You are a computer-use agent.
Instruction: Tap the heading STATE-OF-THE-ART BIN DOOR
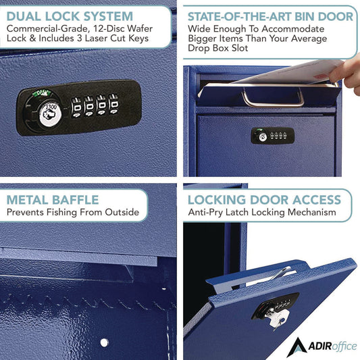coord(270,15)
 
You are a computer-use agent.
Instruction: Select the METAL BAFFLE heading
coord(53,199)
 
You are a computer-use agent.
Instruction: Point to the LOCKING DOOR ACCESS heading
coord(265,199)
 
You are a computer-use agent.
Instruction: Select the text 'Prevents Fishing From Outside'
coord(73,213)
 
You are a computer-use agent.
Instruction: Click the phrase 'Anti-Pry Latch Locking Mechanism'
coord(261,213)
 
